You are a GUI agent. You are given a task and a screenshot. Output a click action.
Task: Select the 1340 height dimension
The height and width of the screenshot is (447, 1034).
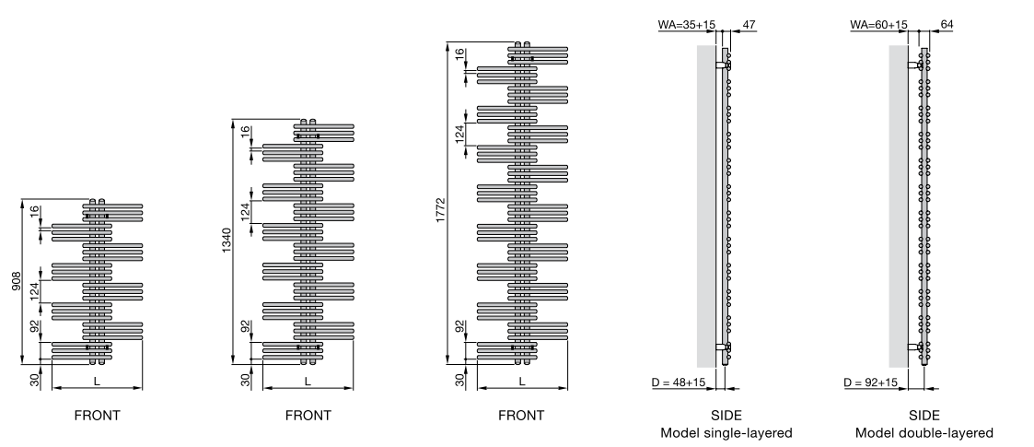tap(227, 241)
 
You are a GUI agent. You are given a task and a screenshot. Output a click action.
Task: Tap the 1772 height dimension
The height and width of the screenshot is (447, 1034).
tap(441, 210)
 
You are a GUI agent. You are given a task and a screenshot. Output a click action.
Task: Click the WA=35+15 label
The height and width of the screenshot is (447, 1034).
tap(686, 25)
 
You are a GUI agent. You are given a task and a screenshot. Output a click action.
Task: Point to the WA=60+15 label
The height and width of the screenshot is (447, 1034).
tap(878, 25)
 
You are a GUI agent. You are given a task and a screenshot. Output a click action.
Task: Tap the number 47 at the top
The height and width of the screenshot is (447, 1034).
tap(749, 25)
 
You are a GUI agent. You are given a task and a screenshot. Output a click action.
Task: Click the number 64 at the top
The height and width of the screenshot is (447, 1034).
tap(947, 25)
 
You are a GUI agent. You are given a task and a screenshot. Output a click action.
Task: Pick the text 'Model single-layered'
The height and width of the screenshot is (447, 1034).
tap(726, 433)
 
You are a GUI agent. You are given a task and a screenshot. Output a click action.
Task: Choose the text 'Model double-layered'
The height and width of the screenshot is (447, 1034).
tap(924, 433)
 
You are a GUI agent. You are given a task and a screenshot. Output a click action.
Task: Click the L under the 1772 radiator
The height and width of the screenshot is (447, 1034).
tap(522, 381)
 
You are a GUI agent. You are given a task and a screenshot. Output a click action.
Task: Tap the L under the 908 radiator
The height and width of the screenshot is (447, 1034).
tap(97, 381)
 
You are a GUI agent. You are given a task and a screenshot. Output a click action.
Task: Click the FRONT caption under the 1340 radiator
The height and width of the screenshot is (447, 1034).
tap(308, 416)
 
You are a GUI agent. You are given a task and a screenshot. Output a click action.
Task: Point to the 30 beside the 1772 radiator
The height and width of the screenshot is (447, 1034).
tap(459, 380)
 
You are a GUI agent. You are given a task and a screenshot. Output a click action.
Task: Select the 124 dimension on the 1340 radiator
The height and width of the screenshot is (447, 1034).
tap(245, 211)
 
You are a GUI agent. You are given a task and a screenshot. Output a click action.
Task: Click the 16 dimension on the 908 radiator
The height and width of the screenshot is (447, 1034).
tap(34, 211)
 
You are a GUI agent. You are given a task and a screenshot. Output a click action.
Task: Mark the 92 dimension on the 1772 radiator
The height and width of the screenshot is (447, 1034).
tap(459, 327)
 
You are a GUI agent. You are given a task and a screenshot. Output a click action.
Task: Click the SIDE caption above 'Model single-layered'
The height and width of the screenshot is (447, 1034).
tap(726, 416)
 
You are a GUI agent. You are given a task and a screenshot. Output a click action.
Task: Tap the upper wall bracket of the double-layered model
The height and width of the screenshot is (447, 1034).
tap(914, 65)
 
